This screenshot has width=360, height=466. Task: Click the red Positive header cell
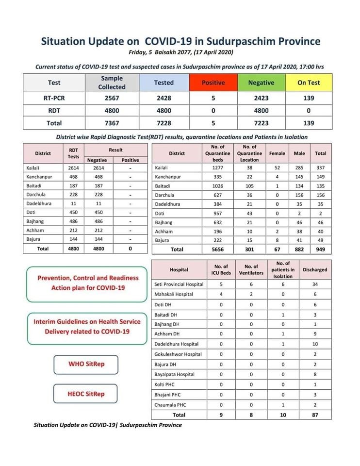[x=213, y=83]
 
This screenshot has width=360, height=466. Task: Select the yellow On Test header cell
[x=308, y=83]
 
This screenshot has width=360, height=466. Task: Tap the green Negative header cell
[x=261, y=83]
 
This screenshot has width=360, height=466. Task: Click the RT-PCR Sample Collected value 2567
[x=112, y=98]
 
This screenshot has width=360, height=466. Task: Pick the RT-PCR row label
[x=54, y=98]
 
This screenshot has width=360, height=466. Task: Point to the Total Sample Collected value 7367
[x=112, y=123]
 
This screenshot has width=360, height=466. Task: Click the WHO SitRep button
[x=85, y=364]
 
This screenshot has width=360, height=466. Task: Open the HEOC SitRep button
[x=85, y=394]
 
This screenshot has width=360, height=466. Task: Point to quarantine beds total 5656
[x=217, y=249]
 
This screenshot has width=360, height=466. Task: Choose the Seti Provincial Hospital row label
[x=179, y=284]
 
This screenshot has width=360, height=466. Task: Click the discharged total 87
[x=315, y=415]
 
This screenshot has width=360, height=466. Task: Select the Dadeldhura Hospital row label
[x=175, y=344]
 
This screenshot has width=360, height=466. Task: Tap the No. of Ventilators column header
[x=251, y=269]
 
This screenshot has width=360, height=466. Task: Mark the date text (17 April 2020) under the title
[x=209, y=52]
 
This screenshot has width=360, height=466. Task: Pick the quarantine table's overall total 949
[x=320, y=249]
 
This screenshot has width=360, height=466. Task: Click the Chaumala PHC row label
[x=170, y=404]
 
